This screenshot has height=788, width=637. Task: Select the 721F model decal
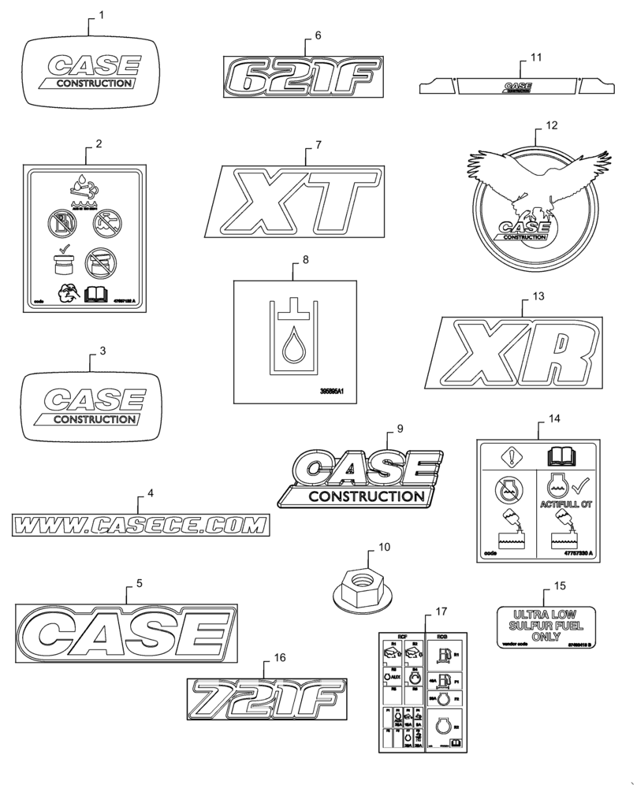click(266, 699)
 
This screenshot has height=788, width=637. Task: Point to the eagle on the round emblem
click(537, 180)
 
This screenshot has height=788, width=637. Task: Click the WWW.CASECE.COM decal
click(140, 523)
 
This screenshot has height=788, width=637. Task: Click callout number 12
click(551, 125)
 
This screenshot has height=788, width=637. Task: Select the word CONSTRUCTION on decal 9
click(365, 496)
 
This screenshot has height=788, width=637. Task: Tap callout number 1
click(100, 15)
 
